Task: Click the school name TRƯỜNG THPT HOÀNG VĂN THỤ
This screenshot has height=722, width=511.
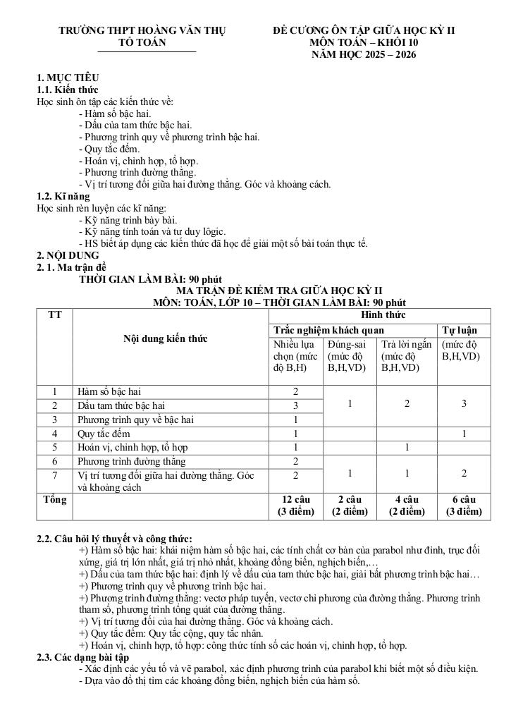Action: tap(146, 30)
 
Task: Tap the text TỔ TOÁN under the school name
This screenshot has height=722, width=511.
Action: tap(147, 42)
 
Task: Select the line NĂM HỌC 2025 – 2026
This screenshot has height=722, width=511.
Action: tap(364, 54)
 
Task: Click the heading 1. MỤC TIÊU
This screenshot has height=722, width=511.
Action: tap(68, 78)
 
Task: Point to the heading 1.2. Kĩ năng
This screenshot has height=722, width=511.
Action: tap(63, 197)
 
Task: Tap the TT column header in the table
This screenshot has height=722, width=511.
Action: tap(54, 314)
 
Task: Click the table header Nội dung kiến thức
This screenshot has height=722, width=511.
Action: tap(166, 338)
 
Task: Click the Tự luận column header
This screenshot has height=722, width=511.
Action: tap(460, 329)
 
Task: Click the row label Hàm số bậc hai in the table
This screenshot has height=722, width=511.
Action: tap(113, 391)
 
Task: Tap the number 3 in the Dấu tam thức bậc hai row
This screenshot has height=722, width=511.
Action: tap(296, 405)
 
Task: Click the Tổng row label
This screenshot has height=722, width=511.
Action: tap(54, 500)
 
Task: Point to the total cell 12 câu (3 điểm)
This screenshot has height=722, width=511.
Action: tap(296, 506)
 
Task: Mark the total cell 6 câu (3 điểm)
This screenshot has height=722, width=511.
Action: tap(464, 506)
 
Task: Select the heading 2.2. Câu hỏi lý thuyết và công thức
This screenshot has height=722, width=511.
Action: tap(114, 539)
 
